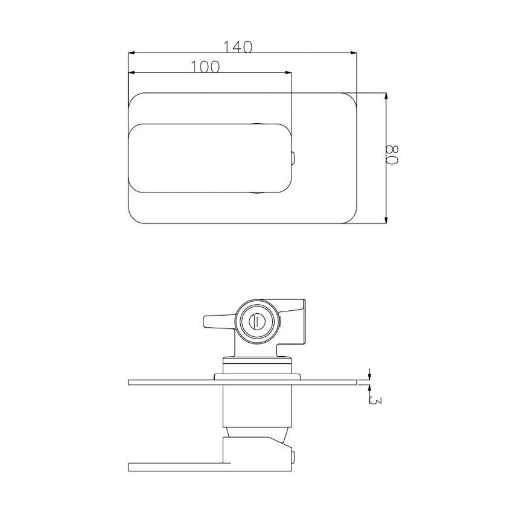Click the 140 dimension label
pos(238,46)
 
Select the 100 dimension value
pos(205,67)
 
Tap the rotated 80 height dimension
pos(393,155)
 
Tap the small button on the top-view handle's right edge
pos(293,158)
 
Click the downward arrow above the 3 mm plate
pos(368,374)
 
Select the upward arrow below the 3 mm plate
pos(368,388)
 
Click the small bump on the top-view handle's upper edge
pos(260,124)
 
